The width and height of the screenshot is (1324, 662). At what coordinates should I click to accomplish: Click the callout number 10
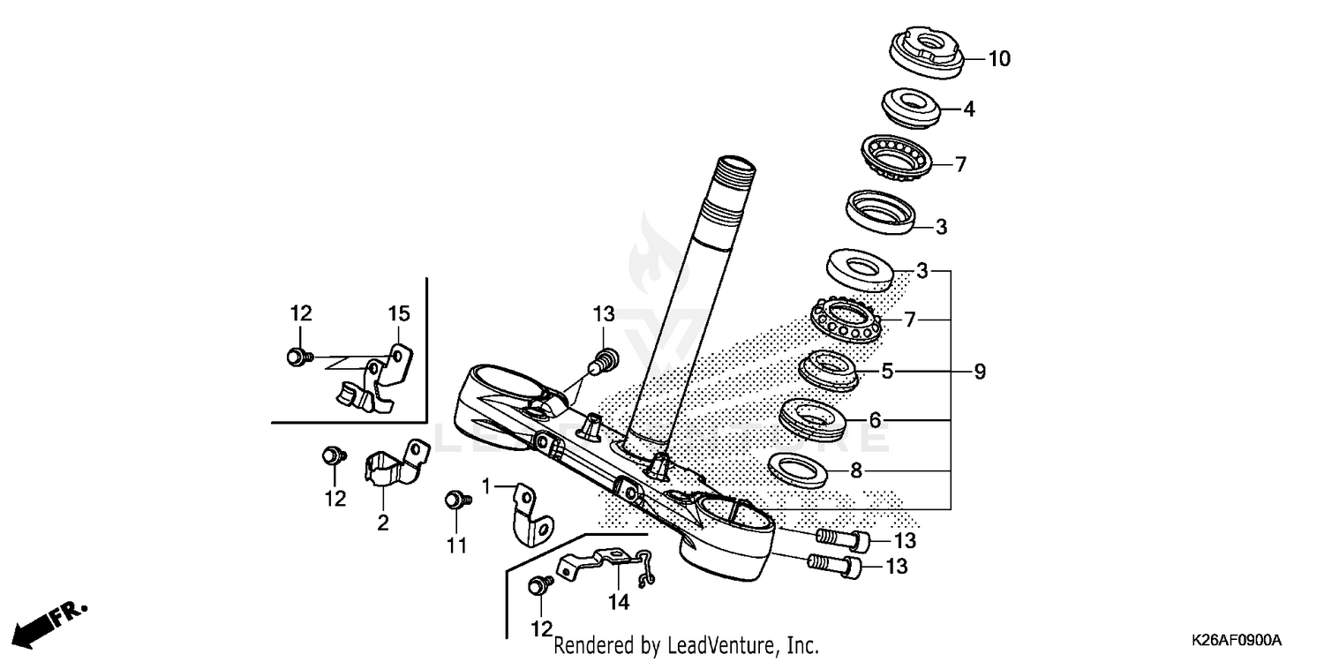pos(998,59)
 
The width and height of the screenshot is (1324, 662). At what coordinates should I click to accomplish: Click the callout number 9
pos(979,372)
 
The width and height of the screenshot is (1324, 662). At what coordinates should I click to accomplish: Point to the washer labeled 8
pos(800,469)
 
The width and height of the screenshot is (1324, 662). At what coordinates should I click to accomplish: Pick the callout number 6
pos(875,420)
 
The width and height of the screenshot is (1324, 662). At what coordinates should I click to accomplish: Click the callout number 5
pos(887,372)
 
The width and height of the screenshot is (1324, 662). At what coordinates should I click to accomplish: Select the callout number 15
pos(398,312)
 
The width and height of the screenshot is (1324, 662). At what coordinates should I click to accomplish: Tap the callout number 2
pos(382,523)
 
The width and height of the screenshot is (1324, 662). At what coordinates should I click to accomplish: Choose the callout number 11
pos(455,546)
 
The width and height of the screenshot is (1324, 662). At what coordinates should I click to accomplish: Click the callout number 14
pos(619,602)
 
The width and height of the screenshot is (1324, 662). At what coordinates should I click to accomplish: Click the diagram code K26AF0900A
pos(1235,640)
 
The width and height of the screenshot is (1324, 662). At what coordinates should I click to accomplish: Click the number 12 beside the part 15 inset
pos(301,312)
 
